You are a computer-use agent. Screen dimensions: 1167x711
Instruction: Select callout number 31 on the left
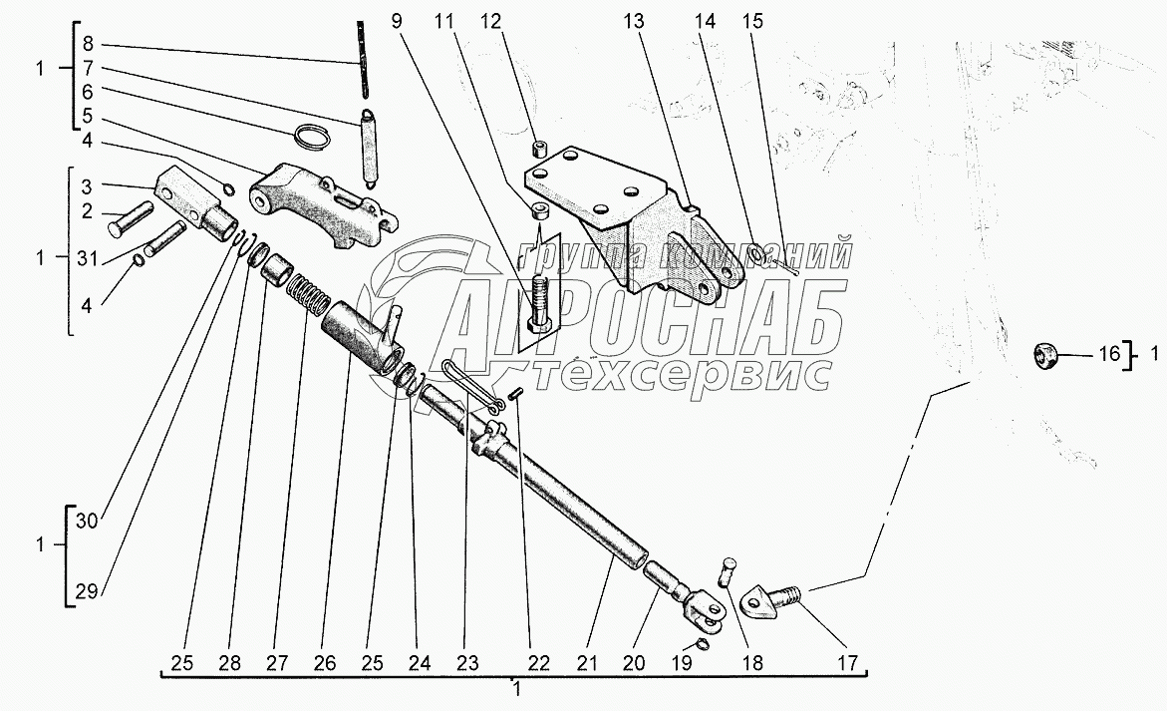pyautogui.click(x=87, y=258)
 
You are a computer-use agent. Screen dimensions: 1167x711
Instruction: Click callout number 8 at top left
pyautogui.click(x=87, y=44)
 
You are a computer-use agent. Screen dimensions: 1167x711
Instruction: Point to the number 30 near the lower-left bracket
pyautogui.click(x=87, y=520)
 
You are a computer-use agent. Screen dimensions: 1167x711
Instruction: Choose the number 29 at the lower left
pyautogui.click(x=87, y=591)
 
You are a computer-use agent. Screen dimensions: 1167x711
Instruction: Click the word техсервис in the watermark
pyautogui.click(x=682, y=375)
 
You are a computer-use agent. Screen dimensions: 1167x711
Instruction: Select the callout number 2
pyautogui.click(x=87, y=210)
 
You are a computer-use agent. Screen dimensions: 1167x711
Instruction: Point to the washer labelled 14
pyautogui.click(x=757, y=256)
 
